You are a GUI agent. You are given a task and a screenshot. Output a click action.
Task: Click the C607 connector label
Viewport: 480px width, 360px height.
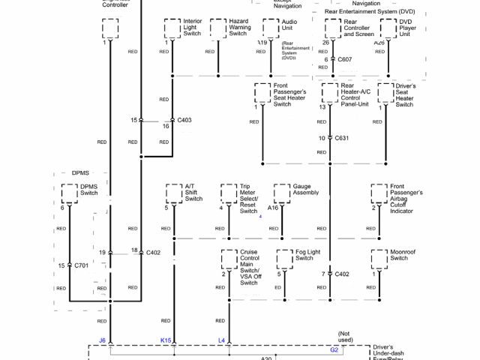click(345, 58)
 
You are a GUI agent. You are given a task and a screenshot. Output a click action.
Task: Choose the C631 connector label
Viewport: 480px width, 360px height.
click(342, 138)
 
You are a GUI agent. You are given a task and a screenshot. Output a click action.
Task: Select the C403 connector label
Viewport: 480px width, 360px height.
click(184, 120)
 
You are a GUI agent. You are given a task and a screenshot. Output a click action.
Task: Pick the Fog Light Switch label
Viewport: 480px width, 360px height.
click(304, 255)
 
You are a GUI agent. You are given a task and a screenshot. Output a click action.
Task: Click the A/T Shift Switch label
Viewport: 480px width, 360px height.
click(193, 193)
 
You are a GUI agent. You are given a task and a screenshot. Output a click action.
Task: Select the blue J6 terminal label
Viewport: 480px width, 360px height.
click(102, 340)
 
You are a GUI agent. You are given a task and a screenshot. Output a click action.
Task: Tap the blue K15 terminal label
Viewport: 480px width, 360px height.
click(166, 340)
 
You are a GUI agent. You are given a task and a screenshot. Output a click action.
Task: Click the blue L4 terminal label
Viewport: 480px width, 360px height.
click(221, 340)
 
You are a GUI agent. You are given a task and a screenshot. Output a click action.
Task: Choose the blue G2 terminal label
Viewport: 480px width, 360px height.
click(334, 349)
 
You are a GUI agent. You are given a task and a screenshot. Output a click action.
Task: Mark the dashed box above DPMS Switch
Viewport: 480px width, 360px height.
click(69, 193)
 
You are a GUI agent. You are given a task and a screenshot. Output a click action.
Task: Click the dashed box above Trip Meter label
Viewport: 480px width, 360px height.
click(229, 193)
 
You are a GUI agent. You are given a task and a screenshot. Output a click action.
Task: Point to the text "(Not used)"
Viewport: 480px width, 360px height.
click(344, 337)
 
